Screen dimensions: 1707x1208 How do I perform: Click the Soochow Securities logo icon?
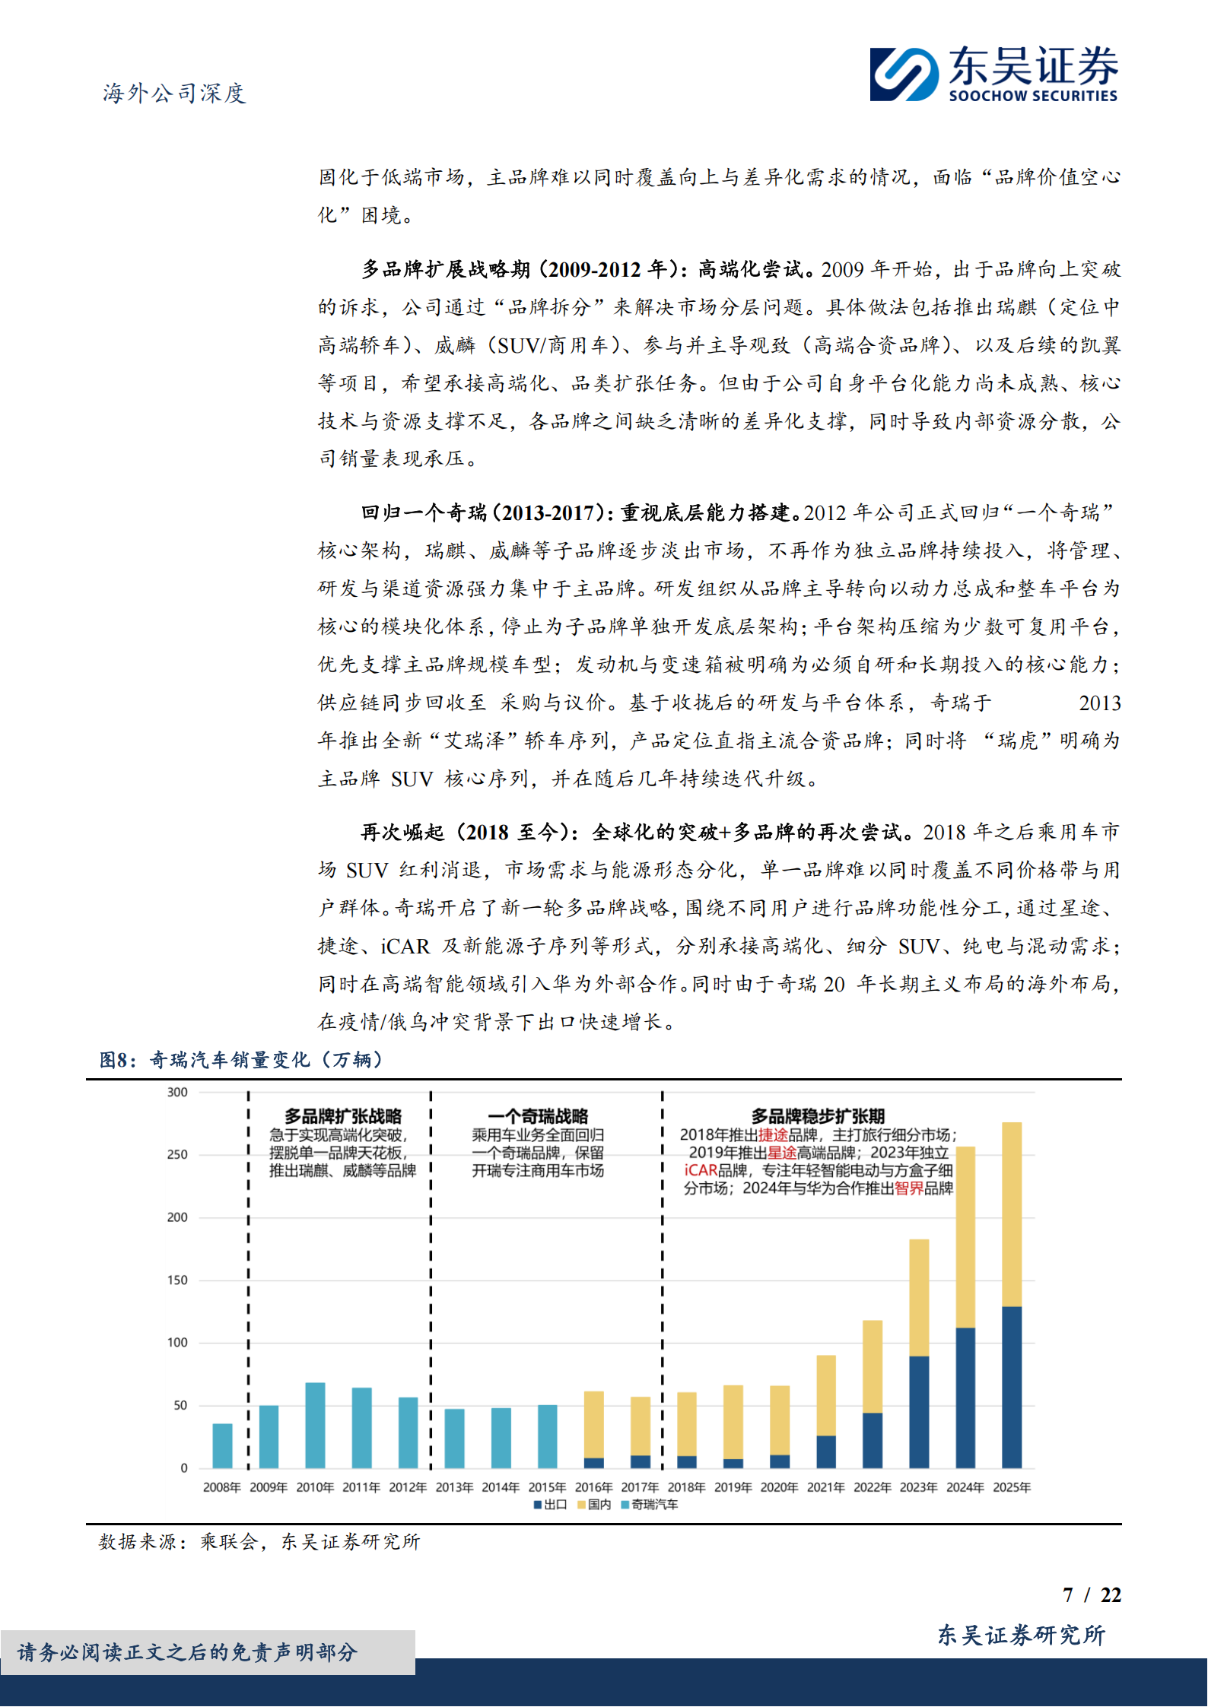[x=904, y=74]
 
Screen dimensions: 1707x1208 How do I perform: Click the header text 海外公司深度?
[x=174, y=94]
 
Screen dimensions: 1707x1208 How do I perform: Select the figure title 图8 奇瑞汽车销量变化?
[x=240, y=1059]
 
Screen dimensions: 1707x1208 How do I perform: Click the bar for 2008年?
[x=222, y=1445]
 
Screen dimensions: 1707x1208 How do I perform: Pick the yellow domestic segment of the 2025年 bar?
[x=1012, y=1214]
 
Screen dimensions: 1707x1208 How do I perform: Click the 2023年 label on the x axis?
[x=918, y=1487]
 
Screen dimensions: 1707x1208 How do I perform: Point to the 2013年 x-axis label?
[x=454, y=1487]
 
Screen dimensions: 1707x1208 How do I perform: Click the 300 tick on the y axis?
[x=177, y=1093]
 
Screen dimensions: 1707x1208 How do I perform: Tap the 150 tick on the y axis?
[x=177, y=1280]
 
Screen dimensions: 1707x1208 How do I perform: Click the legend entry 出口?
[x=551, y=1505]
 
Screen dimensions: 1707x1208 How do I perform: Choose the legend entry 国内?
[x=595, y=1505]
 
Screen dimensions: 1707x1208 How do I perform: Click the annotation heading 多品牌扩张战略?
[x=342, y=1116]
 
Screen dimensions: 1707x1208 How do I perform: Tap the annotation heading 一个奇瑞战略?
[x=538, y=1116]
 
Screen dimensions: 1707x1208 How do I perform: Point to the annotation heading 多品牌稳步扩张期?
[x=818, y=1116]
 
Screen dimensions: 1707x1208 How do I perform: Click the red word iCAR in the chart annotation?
[x=701, y=1170]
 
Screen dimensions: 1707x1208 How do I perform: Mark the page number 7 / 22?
[x=1092, y=1594]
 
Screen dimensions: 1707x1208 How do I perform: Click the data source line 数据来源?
[x=259, y=1541]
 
